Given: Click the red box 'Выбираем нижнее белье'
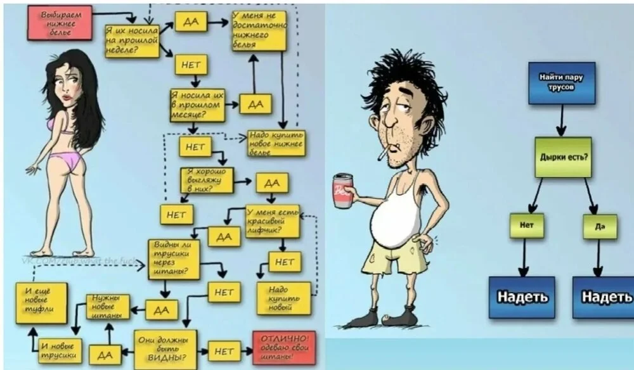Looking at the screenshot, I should (60, 22).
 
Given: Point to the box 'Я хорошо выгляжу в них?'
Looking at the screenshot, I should (207, 180).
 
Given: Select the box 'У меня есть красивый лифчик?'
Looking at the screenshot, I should (273, 221).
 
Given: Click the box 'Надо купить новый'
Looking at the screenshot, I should (283, 297).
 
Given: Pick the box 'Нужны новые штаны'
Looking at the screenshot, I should (108, 307).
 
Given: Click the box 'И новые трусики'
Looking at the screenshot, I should (60, 350).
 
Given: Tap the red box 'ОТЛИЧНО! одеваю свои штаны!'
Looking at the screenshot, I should (283, 348).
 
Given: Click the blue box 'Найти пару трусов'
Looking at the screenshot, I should (561, 83).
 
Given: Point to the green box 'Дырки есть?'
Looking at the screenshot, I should (562, 157).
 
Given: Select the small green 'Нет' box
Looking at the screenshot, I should (526, 226).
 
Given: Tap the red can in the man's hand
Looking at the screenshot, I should (342, 191).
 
